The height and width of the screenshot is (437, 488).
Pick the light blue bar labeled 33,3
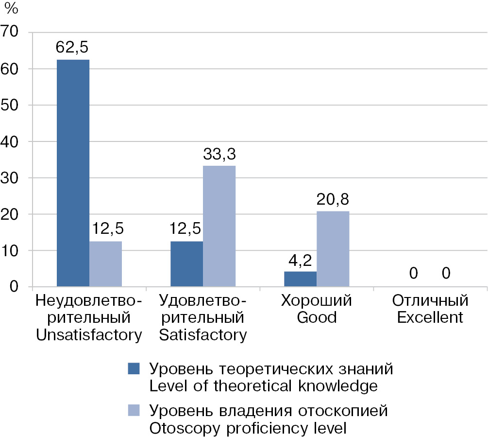click(219, 226)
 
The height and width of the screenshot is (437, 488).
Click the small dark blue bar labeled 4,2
click(300, 279)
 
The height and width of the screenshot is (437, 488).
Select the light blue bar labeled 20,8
click(333, 249)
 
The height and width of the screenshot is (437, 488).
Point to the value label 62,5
click(73, 48)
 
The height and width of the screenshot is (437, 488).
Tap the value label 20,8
click(333, 200)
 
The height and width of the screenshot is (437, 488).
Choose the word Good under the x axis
click(316, 318)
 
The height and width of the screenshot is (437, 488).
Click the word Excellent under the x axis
click(430, 318)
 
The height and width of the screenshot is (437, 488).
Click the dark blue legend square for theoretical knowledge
click(133, 368)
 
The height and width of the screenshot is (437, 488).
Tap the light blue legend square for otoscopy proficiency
click(133, 411)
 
